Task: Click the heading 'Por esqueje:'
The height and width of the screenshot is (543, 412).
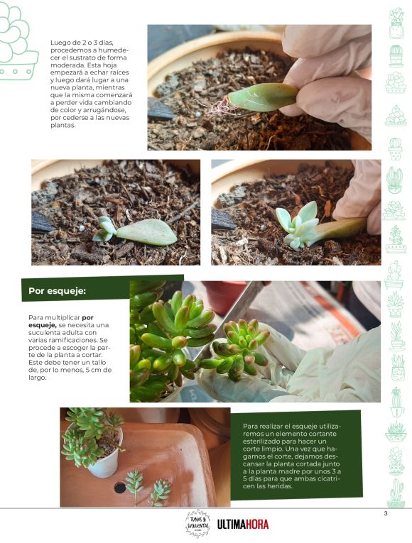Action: point(57,291)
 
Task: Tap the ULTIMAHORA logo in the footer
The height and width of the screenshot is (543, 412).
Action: point(243,525)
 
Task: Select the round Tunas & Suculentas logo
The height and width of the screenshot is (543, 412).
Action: point(197,523)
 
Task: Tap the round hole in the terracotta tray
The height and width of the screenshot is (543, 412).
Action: point(119,488)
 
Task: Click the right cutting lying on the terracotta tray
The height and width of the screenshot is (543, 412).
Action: point(161,492)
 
